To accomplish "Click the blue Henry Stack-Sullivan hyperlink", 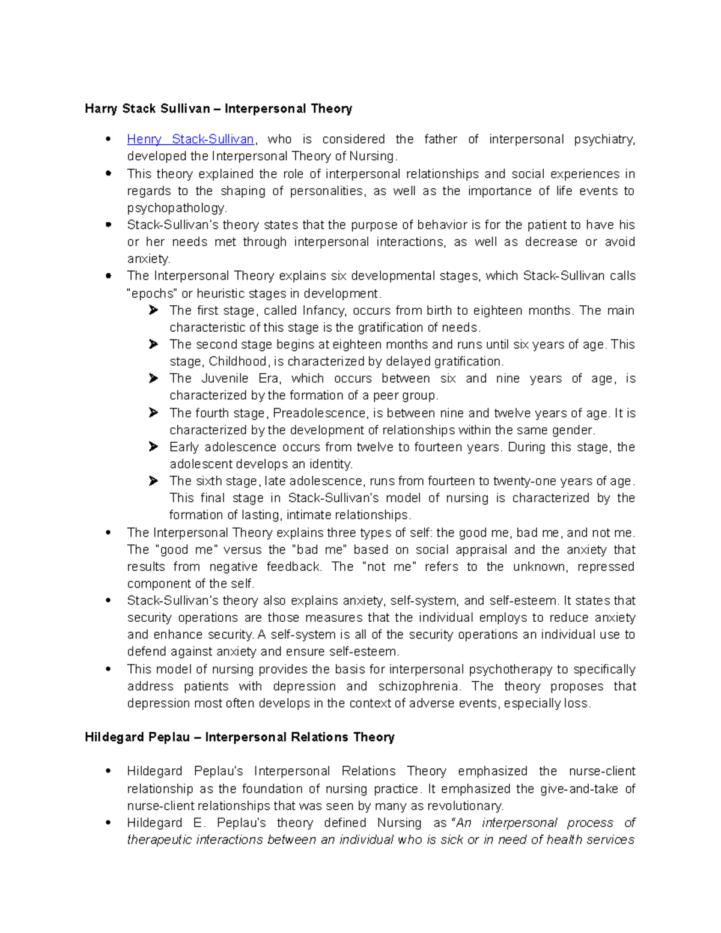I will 190,139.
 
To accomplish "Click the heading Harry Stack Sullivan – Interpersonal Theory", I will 218,109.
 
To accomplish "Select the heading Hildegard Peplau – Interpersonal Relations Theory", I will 239,737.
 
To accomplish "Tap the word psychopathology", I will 176,208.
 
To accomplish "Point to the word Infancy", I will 324,311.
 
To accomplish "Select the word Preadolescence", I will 319,413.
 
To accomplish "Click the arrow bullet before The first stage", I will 154,311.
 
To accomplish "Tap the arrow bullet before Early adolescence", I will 154,447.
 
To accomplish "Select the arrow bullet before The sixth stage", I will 154,481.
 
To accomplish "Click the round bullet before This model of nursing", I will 109,669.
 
